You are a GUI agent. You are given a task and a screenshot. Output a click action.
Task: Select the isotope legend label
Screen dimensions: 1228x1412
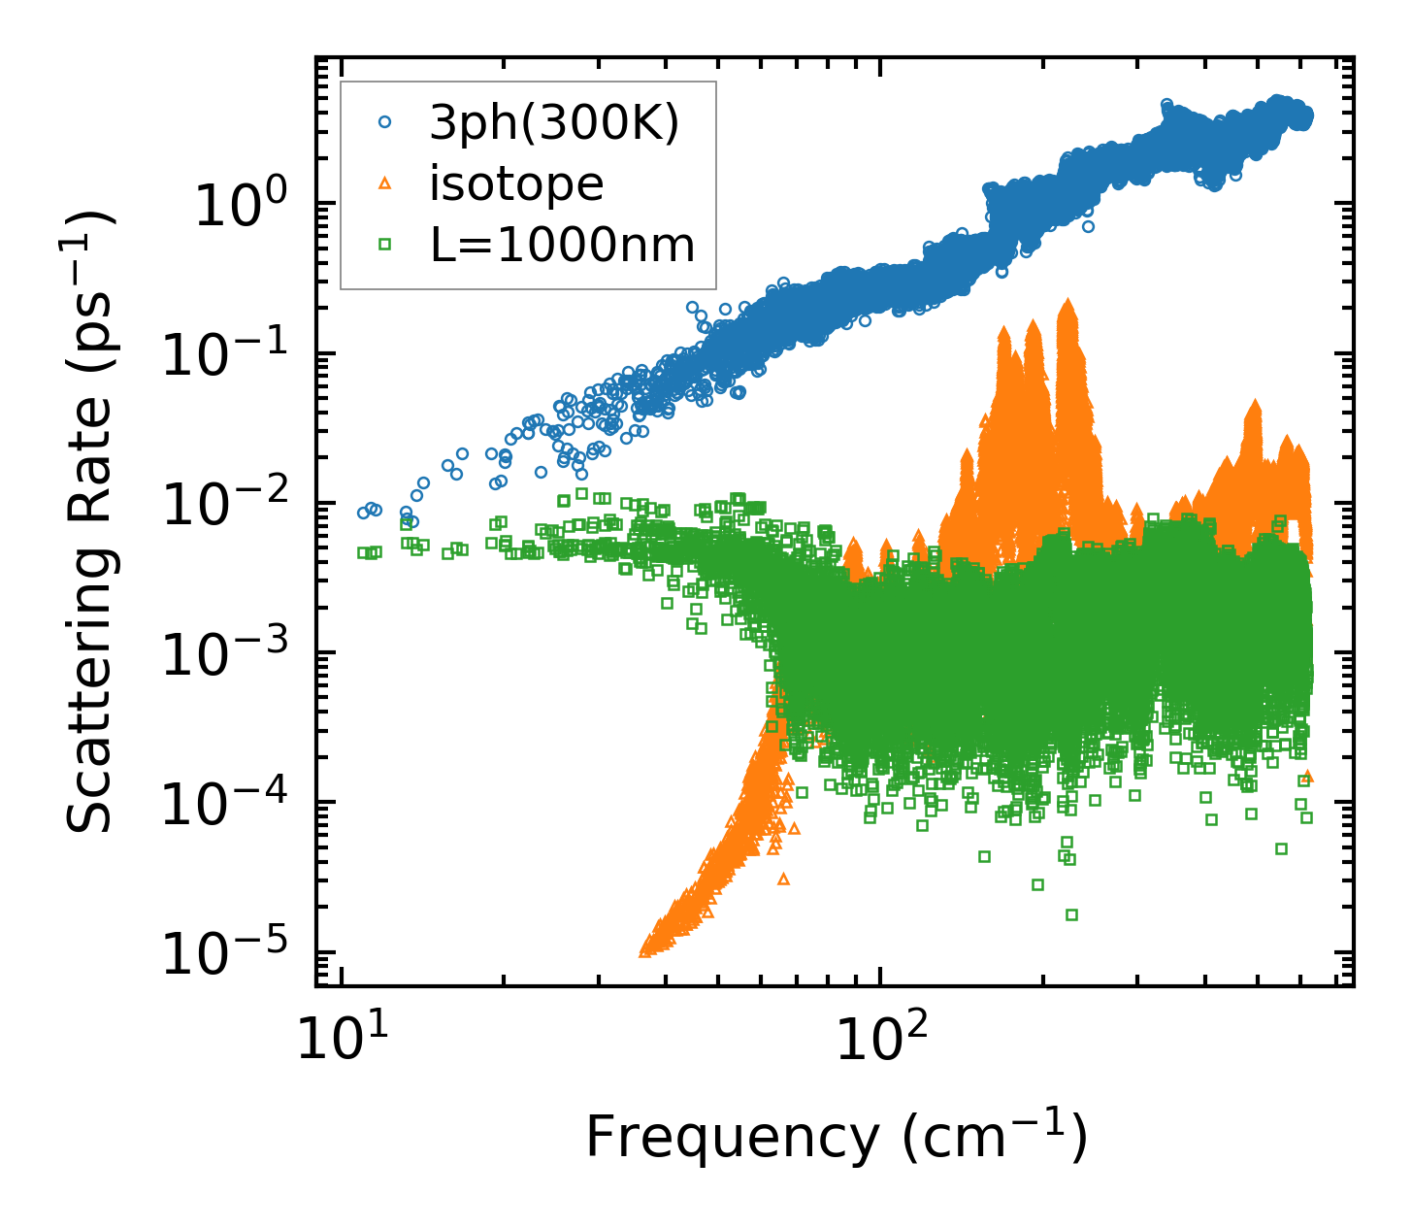pyautogui.click(x=516, y=183)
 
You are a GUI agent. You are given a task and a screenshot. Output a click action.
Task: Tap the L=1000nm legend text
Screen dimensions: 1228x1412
pyautogui.click(x=563, y=246)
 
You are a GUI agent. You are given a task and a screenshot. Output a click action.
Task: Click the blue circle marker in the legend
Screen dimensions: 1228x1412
pyautogui.click(x=384, y=122)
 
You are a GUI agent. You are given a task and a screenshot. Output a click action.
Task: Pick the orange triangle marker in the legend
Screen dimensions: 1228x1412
pyautogui.click(x=384, y=183)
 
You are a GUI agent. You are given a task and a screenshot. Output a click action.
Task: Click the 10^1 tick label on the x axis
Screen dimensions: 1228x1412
pyautogui.click(x=340, y=1042)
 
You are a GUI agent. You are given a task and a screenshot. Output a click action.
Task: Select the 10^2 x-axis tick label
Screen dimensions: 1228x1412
pyautogui.click(x=879, y=1042)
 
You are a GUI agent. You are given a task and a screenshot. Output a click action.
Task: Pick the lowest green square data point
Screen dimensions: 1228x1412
pyautogui.click(x=1071, y=914)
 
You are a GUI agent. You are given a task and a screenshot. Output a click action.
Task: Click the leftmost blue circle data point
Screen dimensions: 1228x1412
pyautogui.click(x=363, y=513)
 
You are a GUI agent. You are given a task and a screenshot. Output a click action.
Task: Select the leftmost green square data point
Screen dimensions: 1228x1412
pyautogui.click(x=363, y=552)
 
